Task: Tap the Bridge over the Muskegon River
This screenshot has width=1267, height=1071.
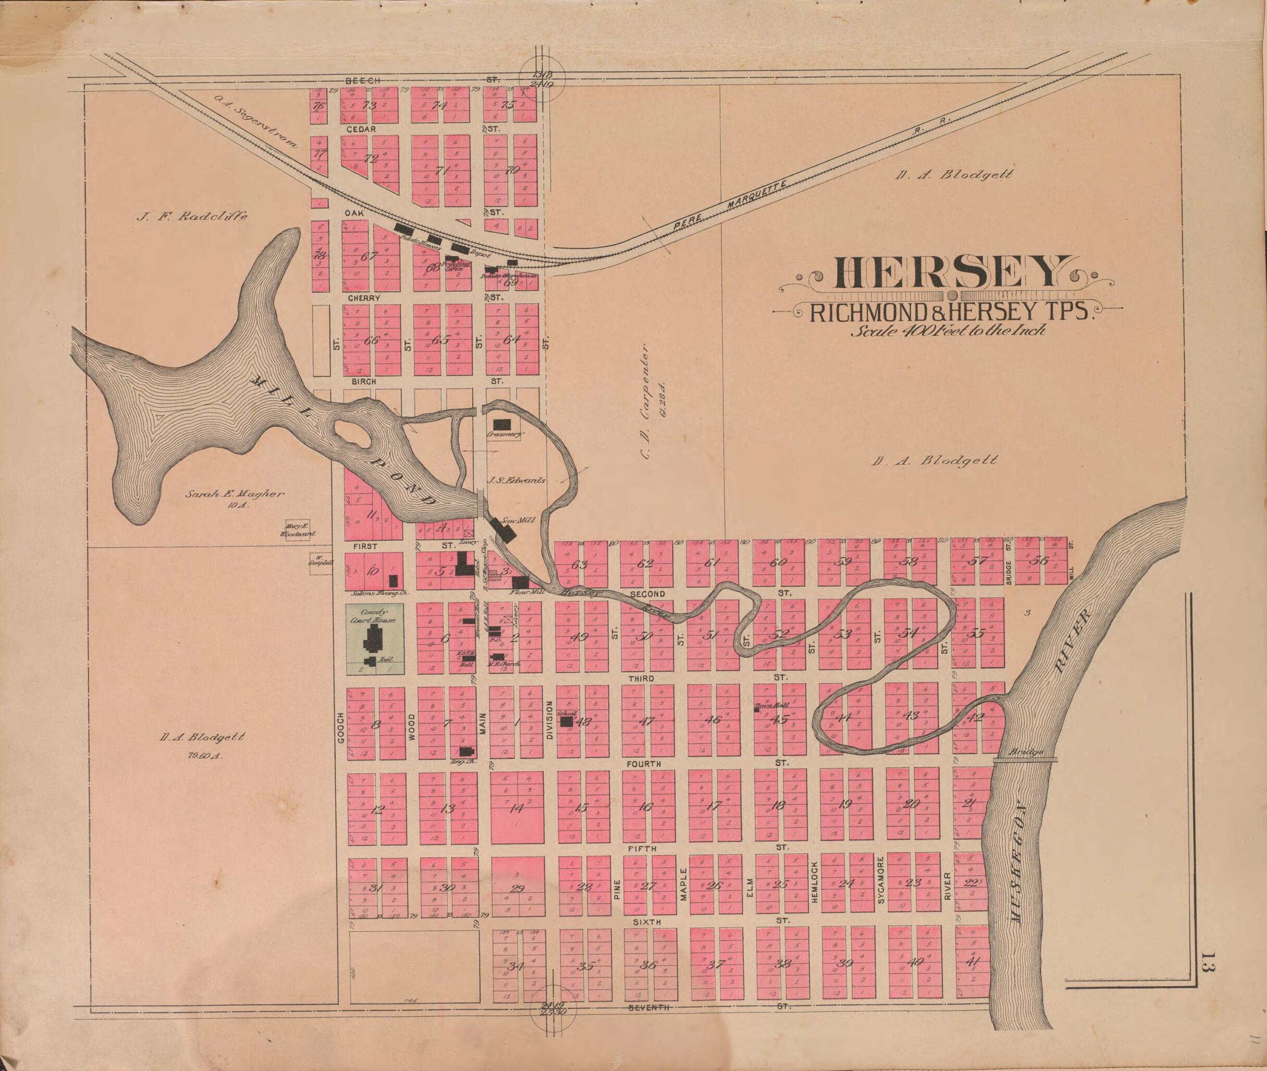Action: [x=1025, y=759]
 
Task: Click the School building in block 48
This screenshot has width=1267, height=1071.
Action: [x=566, y=721]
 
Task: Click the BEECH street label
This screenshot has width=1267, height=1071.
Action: [x=362, y=80]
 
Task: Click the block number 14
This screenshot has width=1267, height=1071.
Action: [x=516, y=808]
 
